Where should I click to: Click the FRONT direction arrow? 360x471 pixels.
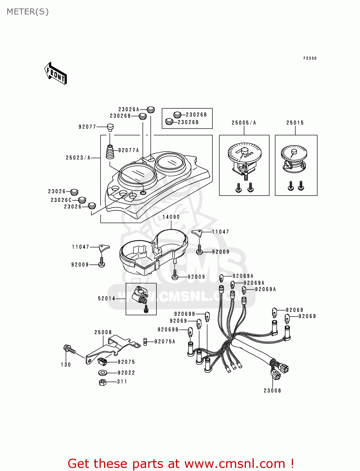[x=56, y=73]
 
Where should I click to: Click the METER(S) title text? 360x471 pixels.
[x=28, y=12]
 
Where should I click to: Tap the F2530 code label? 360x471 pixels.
[x=310, y=58]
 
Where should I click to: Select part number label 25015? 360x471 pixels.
[x=295, y=123]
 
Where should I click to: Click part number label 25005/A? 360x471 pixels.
[x=244, y=123]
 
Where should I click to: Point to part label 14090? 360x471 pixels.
[x=171, y=217]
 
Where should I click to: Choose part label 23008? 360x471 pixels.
[x=272, y=391]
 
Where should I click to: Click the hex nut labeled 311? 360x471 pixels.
[x=102, y=382]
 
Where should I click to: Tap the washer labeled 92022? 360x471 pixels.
[x=103, y=373]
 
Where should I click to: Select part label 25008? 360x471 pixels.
[x=103, y=332]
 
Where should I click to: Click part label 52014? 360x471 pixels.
[x=106, y=299]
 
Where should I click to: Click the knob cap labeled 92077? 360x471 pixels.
[x=110, y=127]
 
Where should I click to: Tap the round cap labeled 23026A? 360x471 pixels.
[x=151, y=110]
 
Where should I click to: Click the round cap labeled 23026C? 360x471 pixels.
[x=82, y=200]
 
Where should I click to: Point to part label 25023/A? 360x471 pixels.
[x=78, y=158]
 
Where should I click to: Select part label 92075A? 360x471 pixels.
[x=165, y=342]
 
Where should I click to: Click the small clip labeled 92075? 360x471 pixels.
[x=102, y=361]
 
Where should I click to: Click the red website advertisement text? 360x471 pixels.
[x=181, y=463]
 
